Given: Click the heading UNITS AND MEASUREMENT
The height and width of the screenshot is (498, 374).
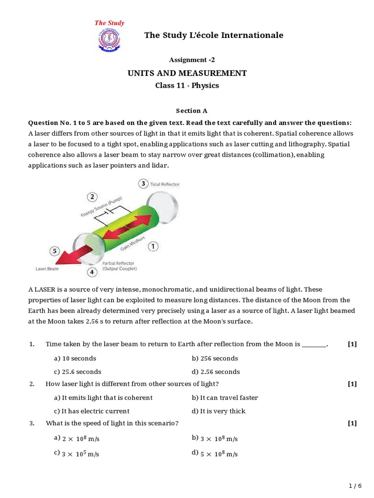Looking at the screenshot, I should [x=187, y=73].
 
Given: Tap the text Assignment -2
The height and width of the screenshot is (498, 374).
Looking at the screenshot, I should [x=191, y=60].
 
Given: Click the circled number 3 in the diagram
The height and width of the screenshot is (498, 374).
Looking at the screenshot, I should [x=143, y=184].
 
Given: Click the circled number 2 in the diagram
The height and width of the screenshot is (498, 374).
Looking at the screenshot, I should [x=93, y=197].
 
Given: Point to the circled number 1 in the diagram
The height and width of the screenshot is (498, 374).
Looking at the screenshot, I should [x=152, y=247].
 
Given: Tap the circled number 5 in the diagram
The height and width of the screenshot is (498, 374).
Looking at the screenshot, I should [x=55, y=251].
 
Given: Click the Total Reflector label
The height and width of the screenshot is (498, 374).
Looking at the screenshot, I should [x=165, y=184].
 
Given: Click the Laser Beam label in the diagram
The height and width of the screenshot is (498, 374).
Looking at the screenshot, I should [x=47, y=268].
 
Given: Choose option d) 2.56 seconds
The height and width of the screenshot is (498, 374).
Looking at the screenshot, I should [x=216, y=372].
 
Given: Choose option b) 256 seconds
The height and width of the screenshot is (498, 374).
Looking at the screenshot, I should [x=215, y=358].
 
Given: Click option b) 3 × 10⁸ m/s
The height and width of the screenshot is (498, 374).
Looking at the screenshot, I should [x=215, y=439].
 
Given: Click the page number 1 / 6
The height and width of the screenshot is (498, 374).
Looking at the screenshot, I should [x=356, y=485].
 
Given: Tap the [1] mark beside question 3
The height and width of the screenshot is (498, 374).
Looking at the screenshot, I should [x=352, y=423].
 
